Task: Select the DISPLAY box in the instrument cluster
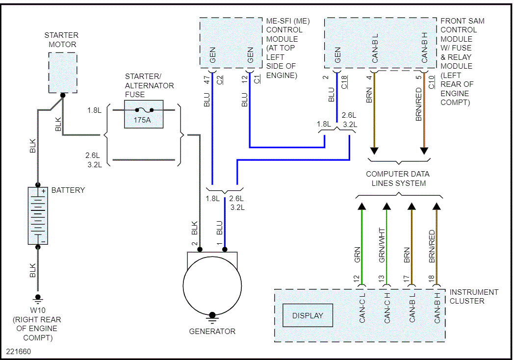pos(308,315)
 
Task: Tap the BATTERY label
pos(68,190)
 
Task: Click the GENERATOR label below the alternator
pos(212,331)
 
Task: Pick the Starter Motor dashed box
pos(63,73)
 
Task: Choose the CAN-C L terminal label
pos(362,308)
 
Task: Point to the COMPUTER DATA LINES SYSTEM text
pos(398,179)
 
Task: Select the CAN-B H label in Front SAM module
pos(425,48)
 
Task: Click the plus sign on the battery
pos(43,191)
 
